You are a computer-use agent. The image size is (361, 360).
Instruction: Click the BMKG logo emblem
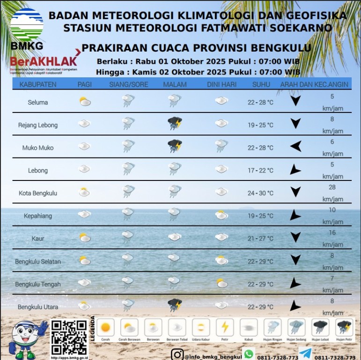point(26,25)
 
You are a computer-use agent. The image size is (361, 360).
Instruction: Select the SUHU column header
point(261,84)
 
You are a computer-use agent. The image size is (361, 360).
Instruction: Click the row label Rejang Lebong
point(38,125)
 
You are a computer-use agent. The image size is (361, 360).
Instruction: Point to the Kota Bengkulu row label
point(38,193)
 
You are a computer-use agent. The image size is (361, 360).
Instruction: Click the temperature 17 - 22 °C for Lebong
point(260,170)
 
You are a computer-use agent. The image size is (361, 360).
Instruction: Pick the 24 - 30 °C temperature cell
point(260,193)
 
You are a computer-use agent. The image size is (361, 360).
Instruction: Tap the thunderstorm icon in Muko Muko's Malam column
point(175,146)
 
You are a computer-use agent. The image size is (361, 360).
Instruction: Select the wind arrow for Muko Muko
point(295,147)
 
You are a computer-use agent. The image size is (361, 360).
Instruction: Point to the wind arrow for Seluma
point(295,101)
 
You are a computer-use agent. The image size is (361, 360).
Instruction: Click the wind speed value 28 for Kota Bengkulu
point(332,187)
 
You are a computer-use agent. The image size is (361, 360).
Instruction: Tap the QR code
point(69,337)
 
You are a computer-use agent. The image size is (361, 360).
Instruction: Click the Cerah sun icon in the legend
point(105,327)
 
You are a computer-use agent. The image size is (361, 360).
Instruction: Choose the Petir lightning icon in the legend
point(225,327)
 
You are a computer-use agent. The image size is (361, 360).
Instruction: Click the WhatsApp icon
point(249,354)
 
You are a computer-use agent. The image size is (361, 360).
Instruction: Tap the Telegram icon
point(305,354)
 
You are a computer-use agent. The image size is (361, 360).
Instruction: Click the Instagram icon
point(177,354)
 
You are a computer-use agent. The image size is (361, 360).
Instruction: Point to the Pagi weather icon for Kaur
point(84,238)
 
